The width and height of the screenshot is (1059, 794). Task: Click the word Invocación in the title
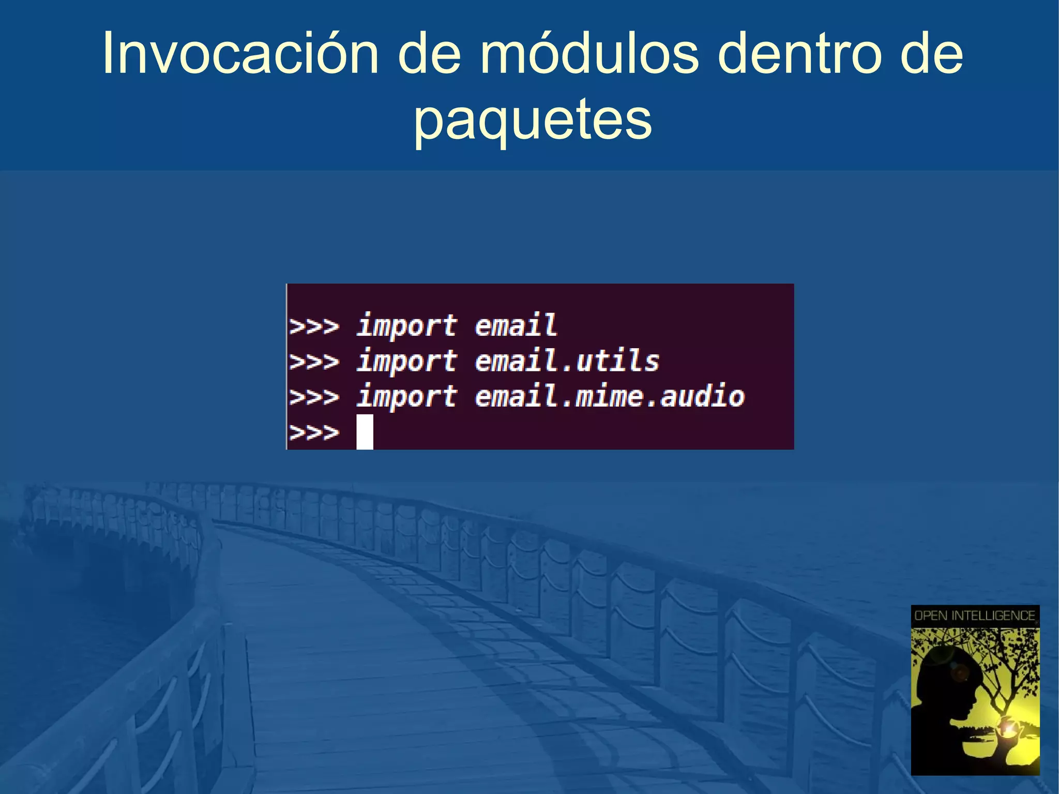240,54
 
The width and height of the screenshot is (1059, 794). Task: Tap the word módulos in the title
589,54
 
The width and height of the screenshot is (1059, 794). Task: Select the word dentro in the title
798,54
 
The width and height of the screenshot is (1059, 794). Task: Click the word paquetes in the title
533,120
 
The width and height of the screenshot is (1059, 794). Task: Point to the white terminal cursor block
365,432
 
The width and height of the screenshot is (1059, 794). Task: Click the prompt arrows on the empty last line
314,432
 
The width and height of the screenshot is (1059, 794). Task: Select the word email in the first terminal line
516,326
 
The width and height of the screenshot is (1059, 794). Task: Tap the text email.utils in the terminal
567,361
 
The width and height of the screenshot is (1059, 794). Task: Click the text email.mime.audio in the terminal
609,397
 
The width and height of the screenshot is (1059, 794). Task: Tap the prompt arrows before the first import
314,326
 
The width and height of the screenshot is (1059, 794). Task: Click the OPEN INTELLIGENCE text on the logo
975,616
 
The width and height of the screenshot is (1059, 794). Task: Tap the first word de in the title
429,54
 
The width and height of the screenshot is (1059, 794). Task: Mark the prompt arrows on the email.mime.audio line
314,397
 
